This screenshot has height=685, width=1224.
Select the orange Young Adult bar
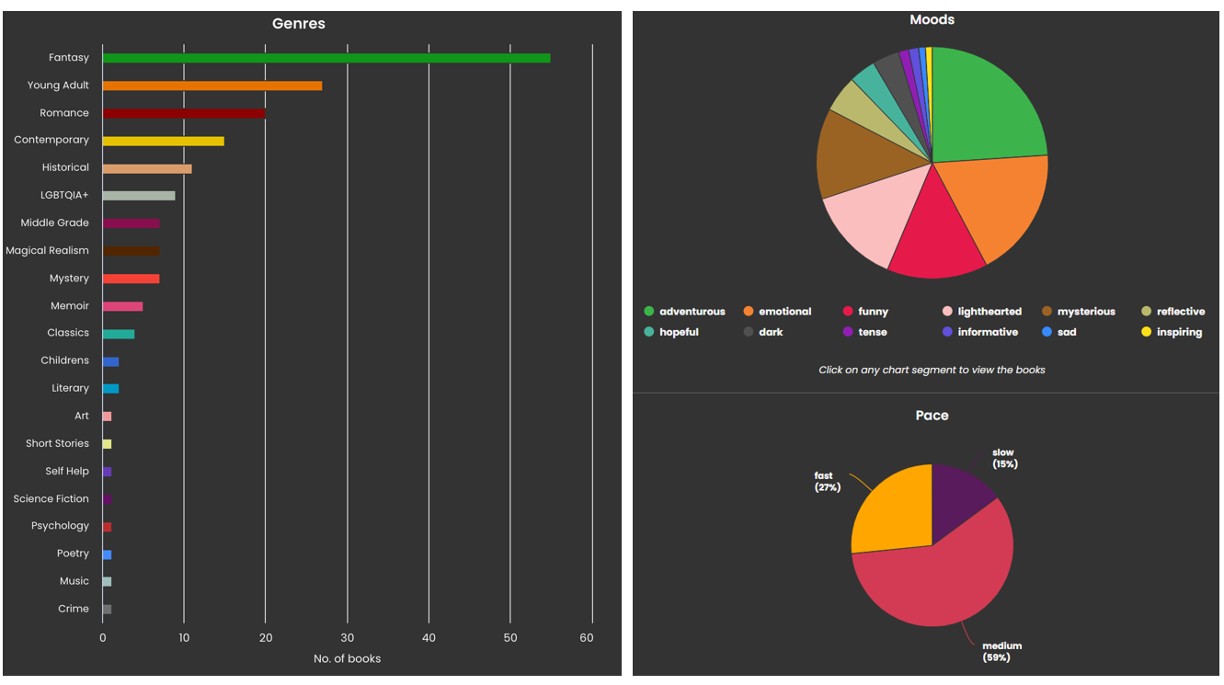click(212, 86)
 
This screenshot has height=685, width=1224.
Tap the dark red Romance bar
click(184, 113)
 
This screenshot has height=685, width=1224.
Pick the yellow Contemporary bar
click(163, 141)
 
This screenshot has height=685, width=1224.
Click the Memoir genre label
click(70, 305)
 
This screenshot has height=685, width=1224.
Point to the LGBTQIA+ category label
click(65, 195)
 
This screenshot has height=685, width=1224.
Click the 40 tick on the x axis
click(429, 638)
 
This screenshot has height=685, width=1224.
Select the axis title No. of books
click(347, 658)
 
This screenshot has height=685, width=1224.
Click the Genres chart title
click(299, 24)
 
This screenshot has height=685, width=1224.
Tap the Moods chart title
click(932, 19)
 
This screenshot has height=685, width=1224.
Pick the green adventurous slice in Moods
click(984, 106)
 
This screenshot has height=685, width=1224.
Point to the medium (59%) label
click(1001, 652)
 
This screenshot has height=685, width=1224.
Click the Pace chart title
click(932, 416)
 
